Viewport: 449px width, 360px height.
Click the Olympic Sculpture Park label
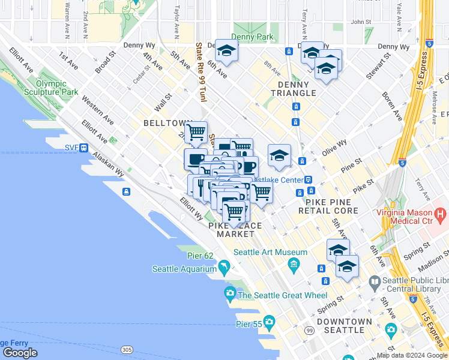pyautogui.click(x=57, y=88)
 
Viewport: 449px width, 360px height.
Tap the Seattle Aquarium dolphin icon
pyautogui.click(x=224, y=266)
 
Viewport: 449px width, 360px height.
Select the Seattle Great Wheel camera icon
pyautogui.click(x=230, y=294)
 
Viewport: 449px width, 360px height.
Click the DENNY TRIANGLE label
pyautogui.click(x=294, y=88)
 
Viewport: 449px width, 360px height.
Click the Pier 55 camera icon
pyautogui.click(x=269, y=322)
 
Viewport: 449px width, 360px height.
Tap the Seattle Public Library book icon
pyautogui.click(x=375, y=281)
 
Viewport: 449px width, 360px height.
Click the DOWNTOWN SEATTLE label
pyautogui.click(x=345, y=326)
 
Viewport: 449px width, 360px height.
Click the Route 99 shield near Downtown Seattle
pyautogui.click(x=309, y=331)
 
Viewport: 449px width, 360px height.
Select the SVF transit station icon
pyautogui.click(x=85, y=148)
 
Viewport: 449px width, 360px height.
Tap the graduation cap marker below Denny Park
pyautogui.click(x=226, y=51)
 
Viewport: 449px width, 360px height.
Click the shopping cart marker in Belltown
pyautogui.click(x=196, y=131)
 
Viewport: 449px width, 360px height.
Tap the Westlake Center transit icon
pyautogui.click(x=308, y=179)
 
